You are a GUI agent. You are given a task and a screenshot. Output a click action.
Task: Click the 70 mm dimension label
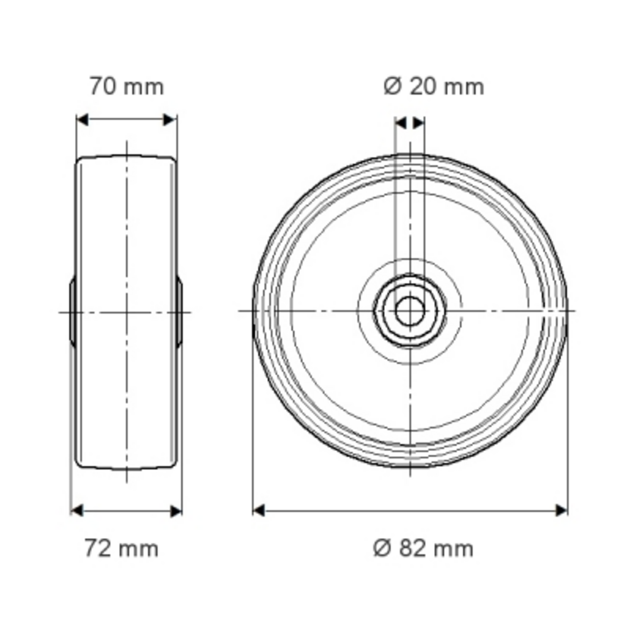pos(127,87)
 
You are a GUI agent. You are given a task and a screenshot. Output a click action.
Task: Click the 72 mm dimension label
pos(122,549)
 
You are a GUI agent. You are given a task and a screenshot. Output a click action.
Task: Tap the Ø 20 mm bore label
pos(434,87)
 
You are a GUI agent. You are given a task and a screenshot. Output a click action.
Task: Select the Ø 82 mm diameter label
pos(423,549)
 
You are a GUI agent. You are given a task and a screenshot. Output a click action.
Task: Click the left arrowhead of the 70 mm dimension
pos(83,120)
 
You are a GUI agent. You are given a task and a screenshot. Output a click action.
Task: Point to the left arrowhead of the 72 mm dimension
pos(77,511)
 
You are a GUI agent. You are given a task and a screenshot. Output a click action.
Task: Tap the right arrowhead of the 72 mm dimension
pos(176,511)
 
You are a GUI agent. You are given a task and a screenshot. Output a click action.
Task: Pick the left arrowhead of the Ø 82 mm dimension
pos(259,511)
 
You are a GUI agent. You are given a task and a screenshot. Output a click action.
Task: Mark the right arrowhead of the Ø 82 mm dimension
pos(561,511)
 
